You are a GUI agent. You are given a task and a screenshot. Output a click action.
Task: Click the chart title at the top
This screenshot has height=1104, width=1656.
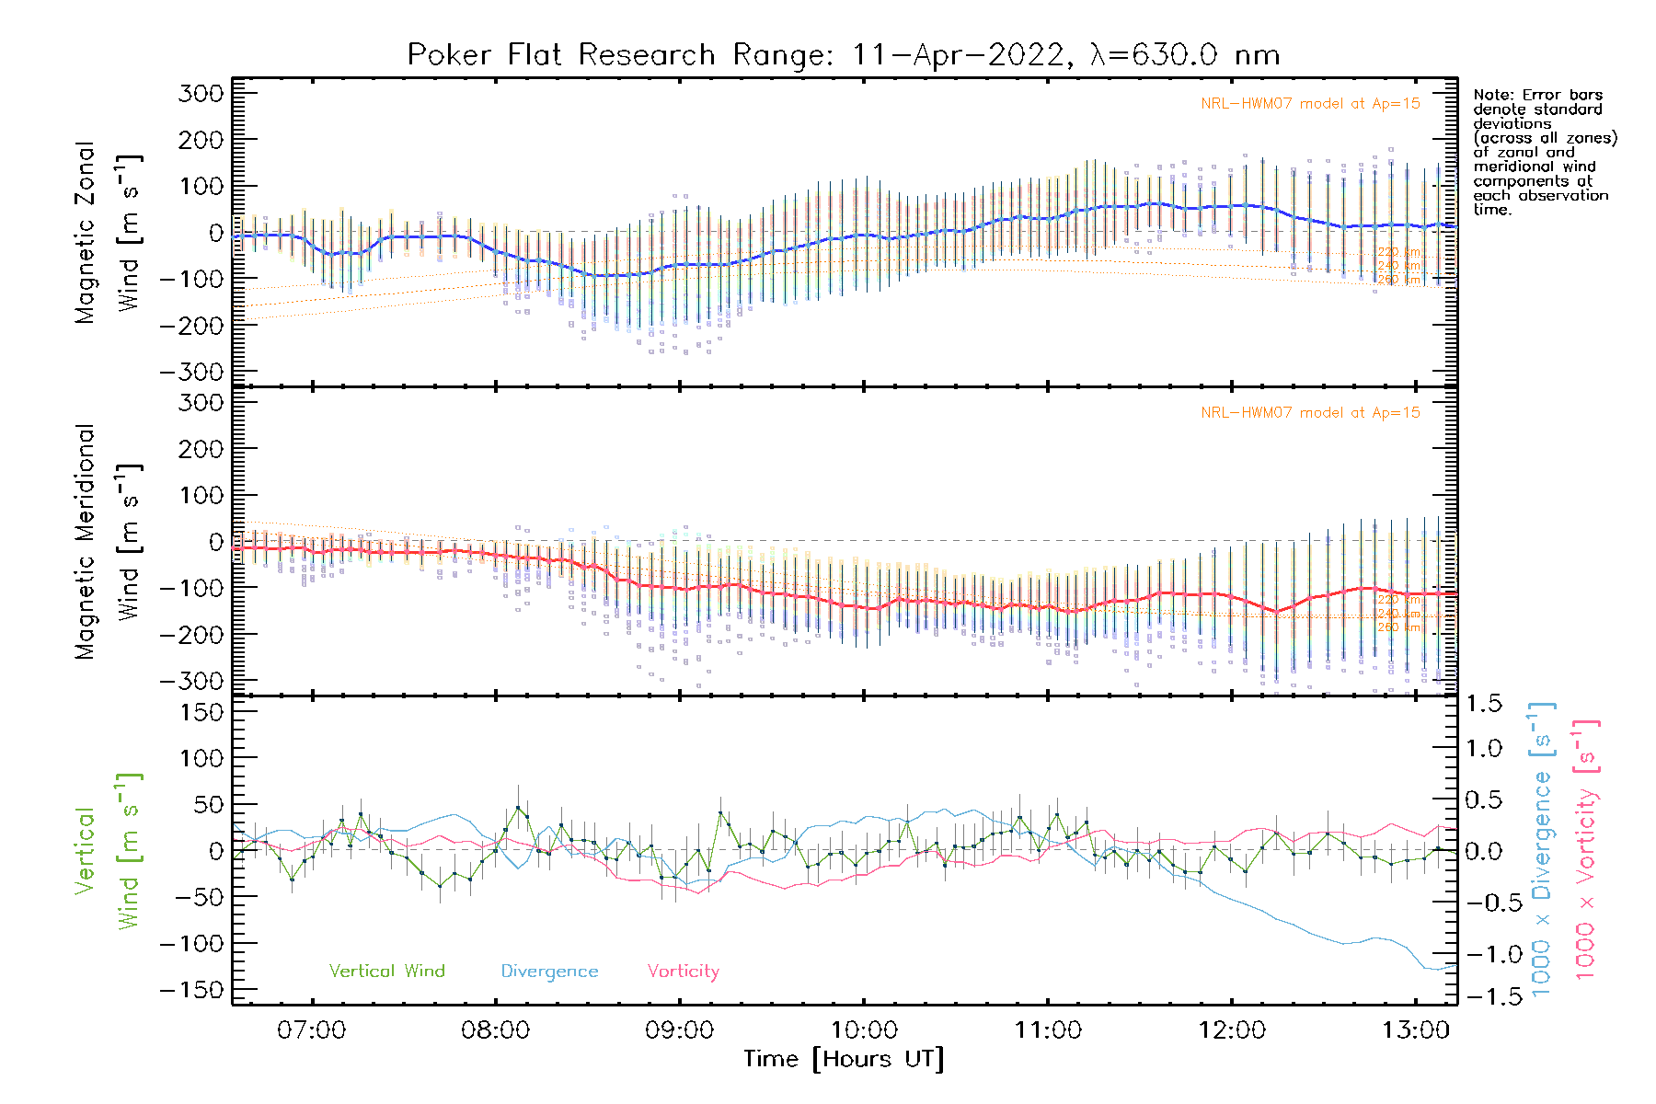pyautogui.click(x=844, y=55)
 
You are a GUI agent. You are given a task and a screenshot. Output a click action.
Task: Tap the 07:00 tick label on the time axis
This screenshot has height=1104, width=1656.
pyautogui.click(x=312, y=1030)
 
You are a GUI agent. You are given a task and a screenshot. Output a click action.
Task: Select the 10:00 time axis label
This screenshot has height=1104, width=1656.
pyautogui.click(x=864, y=1030)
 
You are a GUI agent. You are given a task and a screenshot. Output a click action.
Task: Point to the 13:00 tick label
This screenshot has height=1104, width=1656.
pyautogui.click(x=1416, y=1030)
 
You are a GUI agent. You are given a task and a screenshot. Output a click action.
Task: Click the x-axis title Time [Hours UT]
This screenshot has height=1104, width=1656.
pyautogui.click(x=844, y=1059)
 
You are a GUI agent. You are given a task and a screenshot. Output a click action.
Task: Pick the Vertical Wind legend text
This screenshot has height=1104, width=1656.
pyautogui.click(x=386, y=972)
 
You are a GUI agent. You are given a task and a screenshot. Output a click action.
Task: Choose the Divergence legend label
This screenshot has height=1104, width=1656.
pyautogui.click(x=549, y=972)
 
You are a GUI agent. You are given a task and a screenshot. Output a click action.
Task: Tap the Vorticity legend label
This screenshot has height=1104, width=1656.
pyautogui.click(x=683, y=972)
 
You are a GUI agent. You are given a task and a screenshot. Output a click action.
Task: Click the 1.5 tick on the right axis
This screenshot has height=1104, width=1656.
pyautogui.click(x=1483, y=704)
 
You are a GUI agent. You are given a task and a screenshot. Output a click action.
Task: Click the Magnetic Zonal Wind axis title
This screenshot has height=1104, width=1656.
pyautogui.click(x=109, y=232)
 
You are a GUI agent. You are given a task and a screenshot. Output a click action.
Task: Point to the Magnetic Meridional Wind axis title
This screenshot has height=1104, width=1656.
pyautogui.click(x=109, y=541)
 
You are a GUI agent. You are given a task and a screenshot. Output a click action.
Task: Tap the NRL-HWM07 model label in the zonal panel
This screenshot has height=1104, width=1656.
pyautogui.click(x=1310, y=104)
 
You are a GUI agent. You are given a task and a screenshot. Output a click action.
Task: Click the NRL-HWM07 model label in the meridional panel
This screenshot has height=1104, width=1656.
pyautogui.click(x=1310, y=413)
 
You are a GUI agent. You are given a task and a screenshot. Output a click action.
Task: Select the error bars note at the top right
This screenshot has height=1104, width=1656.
pyautogui.click(x=1544, y=152)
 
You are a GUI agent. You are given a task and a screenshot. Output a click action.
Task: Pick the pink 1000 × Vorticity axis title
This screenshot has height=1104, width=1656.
pyautogui.click(x=1585, y=849)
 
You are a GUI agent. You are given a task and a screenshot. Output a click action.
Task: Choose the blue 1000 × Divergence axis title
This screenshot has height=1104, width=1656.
pyautogui.click(x=1541, y=849)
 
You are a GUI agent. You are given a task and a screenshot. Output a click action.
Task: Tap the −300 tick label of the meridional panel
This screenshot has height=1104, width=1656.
pyautogui.click(x=192, y=681)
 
